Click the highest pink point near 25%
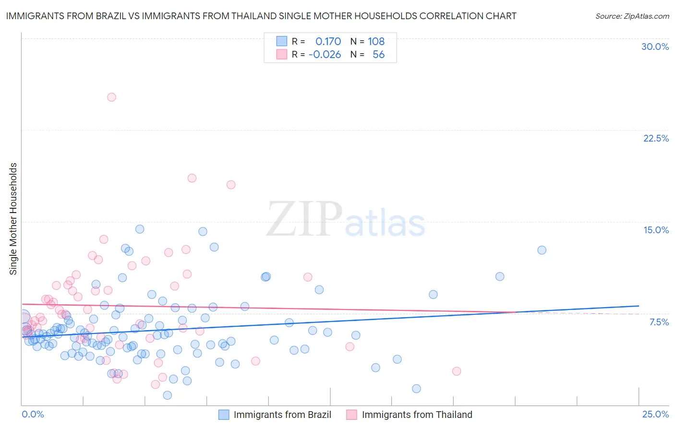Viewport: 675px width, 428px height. (x=111, y=97)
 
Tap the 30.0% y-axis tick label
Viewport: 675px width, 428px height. (x=655, y=47)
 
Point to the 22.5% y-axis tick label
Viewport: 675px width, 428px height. (x=656, y=138)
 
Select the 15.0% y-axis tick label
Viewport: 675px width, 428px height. (x=656, y=230)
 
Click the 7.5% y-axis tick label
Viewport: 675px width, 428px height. (x=659, y=322)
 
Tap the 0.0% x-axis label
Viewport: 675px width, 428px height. (x=33, y=414)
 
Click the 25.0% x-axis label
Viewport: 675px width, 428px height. (x=655, y=414)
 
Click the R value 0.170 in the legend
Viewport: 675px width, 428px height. (x=328, y=41)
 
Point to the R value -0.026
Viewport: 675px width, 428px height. (x=325, y=54)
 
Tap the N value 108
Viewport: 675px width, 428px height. (x=376, y=41)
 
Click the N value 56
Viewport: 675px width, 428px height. (x=378, y=54)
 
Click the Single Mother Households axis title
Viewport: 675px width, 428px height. (x=13, y=219)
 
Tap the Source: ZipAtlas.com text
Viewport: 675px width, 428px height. (x=632, y=16)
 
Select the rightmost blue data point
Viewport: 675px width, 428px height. (x=542, y=250)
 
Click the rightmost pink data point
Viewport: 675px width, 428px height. (x=457, y=371)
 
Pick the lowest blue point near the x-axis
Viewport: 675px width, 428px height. (x=167, y=395)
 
